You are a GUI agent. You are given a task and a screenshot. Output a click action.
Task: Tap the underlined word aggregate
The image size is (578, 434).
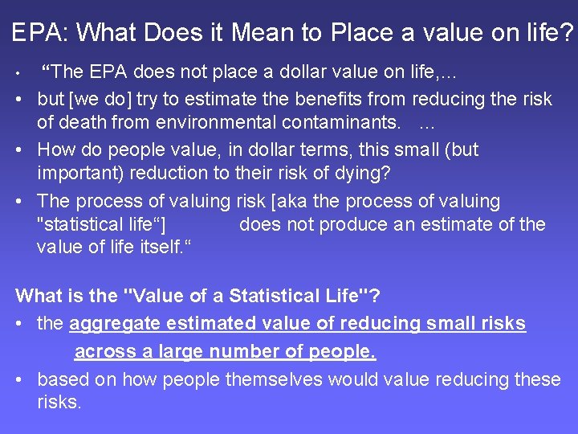pos(112,324)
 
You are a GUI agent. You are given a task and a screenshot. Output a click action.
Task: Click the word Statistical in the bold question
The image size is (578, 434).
pos(275,296)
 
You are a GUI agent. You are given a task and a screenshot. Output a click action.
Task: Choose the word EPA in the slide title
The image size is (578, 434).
pos(40,33)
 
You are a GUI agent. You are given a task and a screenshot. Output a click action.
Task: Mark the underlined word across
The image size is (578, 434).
pos(104,352)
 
